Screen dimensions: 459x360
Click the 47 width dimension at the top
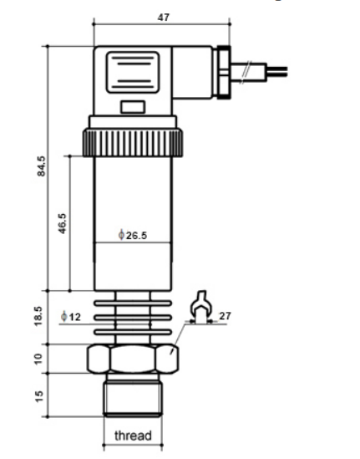[x=163, y=17]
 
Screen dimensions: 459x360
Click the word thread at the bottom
[x=133, y=436]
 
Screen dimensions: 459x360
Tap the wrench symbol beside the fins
[x=199, y=307]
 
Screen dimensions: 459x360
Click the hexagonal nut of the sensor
[x=132, y=360]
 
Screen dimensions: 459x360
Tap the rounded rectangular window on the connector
[x=131, y=74]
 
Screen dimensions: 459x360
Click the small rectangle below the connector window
[x=132, y=107]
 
